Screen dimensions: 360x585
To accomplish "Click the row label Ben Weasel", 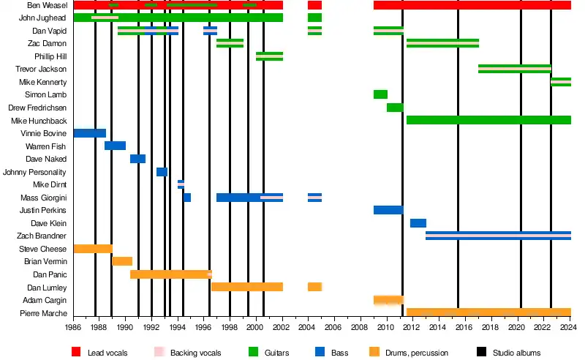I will (x=48, y=5).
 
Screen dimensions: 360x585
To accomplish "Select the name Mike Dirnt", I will (x=50, y=184).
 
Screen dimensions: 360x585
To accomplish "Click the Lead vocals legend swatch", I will (x=76, y=352).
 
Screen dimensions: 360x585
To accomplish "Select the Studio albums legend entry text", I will (x=517, y=353).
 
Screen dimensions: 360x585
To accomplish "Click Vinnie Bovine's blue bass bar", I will (x=90, y=133).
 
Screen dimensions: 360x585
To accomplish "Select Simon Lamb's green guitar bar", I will (x=380, y=94).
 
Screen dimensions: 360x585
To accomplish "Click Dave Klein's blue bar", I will (x=418, y=223).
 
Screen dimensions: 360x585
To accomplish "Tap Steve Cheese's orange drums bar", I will (x=93, y=249).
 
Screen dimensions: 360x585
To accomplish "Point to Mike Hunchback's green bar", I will (x=488, y=120).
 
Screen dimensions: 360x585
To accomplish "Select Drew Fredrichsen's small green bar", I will (x=395, y=108).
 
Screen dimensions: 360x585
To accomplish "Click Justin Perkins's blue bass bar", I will (x=388, y=210).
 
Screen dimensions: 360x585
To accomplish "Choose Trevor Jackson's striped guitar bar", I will (x=514, y=69).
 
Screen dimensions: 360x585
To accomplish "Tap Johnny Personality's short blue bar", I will (x=162, y=172).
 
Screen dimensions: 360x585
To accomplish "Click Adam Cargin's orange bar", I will (x=388, y=300).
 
